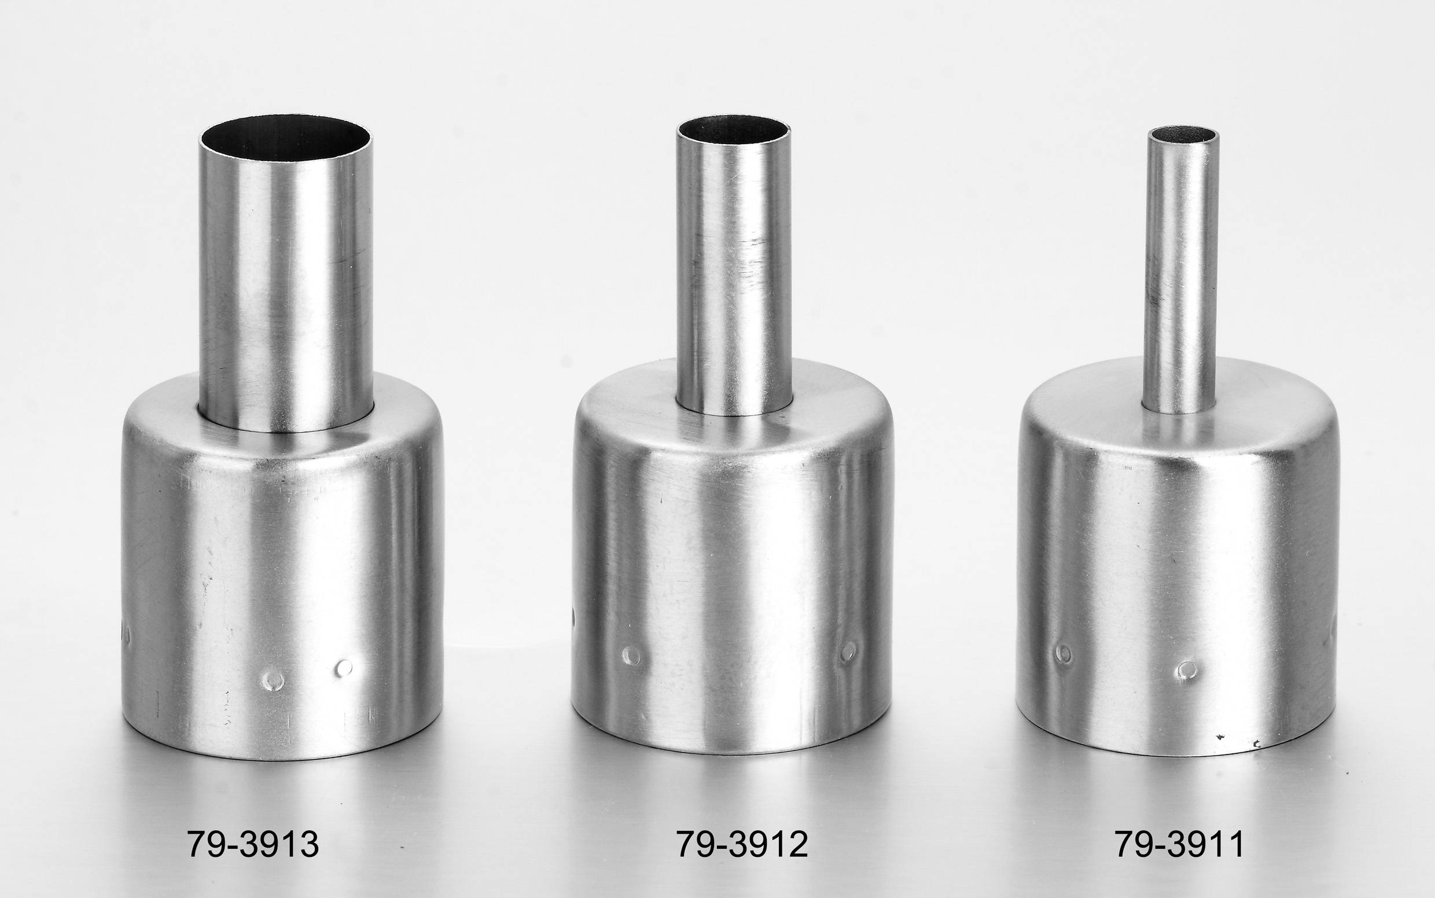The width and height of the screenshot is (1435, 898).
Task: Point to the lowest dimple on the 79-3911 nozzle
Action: [1187, 671]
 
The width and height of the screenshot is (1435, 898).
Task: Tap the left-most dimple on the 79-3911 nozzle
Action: [1063, 654]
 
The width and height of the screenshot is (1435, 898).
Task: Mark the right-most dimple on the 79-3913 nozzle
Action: [343, 668]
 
